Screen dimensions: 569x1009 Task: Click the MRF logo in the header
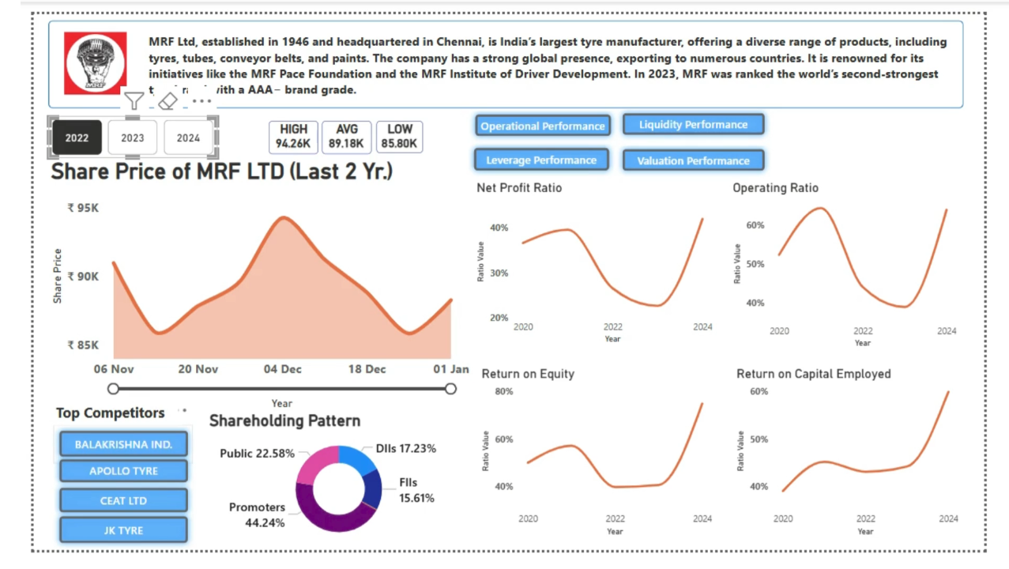[95, 63]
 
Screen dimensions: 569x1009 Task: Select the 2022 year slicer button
[77, 138]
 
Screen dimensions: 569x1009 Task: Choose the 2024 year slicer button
[188, 138]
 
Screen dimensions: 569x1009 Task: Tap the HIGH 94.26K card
[293, 137]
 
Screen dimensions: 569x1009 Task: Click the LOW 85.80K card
[399, 137]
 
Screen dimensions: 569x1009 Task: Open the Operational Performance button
[542, 126]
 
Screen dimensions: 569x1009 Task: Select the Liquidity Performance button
[693, 125]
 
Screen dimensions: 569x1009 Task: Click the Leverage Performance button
[541, 160]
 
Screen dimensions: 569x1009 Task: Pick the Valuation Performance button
[693, 160]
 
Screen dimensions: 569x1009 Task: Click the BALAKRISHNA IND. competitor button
[123, 444]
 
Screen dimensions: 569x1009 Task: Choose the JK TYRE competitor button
[123, 530]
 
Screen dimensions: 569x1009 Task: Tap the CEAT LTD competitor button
[123, 500]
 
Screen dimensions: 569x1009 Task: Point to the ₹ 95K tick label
[83, 208]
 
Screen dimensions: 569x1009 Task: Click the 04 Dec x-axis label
[282, 369]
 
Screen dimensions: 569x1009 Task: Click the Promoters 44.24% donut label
[257, 514]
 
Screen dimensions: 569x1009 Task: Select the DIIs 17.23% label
[405, 448]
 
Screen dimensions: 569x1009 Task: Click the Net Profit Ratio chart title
[519, 188]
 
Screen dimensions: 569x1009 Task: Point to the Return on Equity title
[528, 374]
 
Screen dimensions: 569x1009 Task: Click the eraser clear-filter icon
[168, 101]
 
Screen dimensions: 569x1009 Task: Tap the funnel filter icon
[134, 101]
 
